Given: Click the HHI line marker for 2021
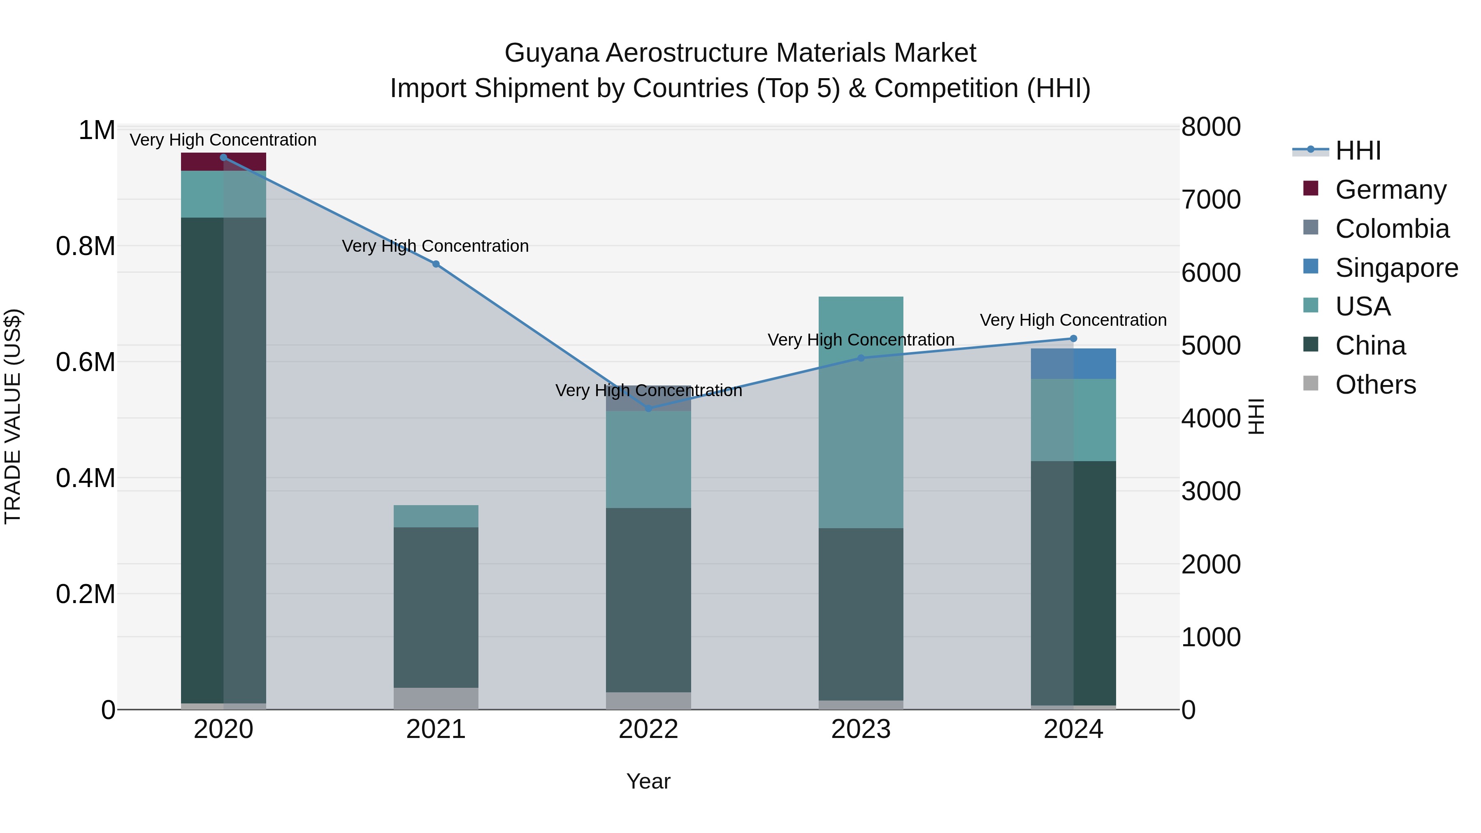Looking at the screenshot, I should (436, 264).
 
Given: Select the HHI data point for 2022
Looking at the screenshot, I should (648, 408).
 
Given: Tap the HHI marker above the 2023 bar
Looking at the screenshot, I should (861, 358).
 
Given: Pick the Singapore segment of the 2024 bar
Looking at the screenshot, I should (1073, 363).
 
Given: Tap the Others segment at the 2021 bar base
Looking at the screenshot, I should (436, 698).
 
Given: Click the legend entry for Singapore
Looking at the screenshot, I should (1396, 268).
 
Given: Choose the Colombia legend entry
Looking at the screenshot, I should (1391, 229).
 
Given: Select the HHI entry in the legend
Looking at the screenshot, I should (1358, 151).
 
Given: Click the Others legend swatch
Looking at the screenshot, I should (1311, 383).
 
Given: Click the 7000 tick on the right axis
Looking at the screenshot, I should (1210, 200).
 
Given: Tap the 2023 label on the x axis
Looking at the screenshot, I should (861, 729).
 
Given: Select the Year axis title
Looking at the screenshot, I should (648, 781).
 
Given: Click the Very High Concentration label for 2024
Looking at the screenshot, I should (1073, 320).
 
